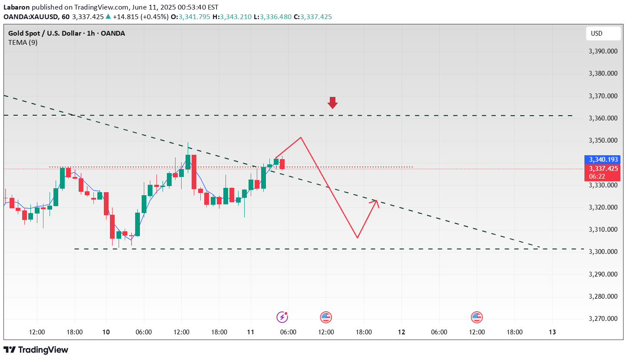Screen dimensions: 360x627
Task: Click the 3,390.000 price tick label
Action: click(x=603, y=51)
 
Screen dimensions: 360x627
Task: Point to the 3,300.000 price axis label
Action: click(x=603, y=252)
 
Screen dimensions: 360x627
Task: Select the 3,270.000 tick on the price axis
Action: click(x=603, y=319)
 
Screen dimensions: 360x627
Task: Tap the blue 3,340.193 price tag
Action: click(x=603, y=160)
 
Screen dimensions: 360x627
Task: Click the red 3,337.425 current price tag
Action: click(x=603, y=169)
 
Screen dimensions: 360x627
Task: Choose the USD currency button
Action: click(x=603, y=33)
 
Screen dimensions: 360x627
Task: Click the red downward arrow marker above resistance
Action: click(x=332, y=103)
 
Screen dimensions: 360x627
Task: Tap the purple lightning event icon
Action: click(x=282, y=317)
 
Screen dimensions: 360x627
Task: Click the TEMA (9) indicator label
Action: click(x=23, y=43)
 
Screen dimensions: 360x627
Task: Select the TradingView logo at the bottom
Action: click(x=36, y=350)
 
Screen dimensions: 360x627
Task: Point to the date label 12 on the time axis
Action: click(x=401, y=332)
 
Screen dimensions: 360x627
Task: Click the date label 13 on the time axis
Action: click(x=552, y=332)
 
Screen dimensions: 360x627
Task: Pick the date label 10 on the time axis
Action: click(x=106, y=332)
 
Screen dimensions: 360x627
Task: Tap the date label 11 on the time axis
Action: click(x=251, y=332)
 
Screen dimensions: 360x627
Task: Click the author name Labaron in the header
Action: click(x=17, y=7)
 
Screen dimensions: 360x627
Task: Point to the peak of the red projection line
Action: click(x=301, y=137)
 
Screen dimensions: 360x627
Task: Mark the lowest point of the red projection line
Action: click(x=357, y=238)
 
